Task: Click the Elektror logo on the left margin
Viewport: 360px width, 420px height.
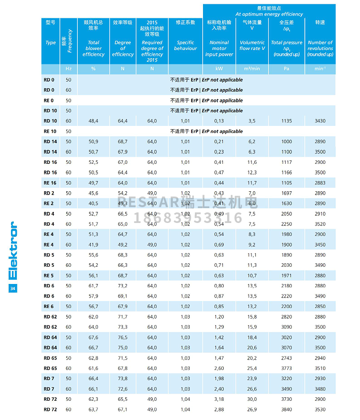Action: pyautogui.click(x=13, y=250)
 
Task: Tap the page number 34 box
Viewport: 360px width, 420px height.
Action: pyautogui.click(x=13, y=288)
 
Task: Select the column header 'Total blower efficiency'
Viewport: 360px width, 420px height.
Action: pyautogui.click(x=94, y=48)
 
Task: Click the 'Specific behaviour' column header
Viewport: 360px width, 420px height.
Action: pyautogui.click(x=185, y=45)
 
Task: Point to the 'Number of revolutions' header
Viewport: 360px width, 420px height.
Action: pyautogui.click(x=320, y=48)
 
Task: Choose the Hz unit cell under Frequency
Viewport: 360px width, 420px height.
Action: pyautogui.click(x=68, y=69)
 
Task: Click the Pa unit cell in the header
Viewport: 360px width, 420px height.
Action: pyautogui.click(x=287, y=69)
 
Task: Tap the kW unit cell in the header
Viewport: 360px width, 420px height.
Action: pyautogui.click(x=219, y=69)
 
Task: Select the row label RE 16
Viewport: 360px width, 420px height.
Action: pyautogui.click(x=50, y=183)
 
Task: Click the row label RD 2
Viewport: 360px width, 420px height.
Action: pyautogui.click(x=49, y=193)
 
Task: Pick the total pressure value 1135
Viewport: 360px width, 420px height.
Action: pyautogui.click(x=287, y=121)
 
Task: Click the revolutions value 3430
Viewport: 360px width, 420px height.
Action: pyautogui.click(x=320, y=121)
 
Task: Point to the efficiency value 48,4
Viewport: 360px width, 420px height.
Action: pyautogui.click(x=94, y=121)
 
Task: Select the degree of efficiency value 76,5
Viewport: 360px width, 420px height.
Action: pyautogui.click(x=123, y=337)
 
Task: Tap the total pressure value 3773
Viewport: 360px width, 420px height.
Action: pyautogui.click(x=287, y=369)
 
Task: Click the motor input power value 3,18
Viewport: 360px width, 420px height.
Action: pyautogui.click(x=219, y=399)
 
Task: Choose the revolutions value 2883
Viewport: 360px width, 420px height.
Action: pyautogui.click(x=320, y=183)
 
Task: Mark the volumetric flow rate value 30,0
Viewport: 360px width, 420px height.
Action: pyautogui.click(x=252, y=399)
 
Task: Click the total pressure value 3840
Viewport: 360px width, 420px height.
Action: pyautogui.click(x=287, y=409)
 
